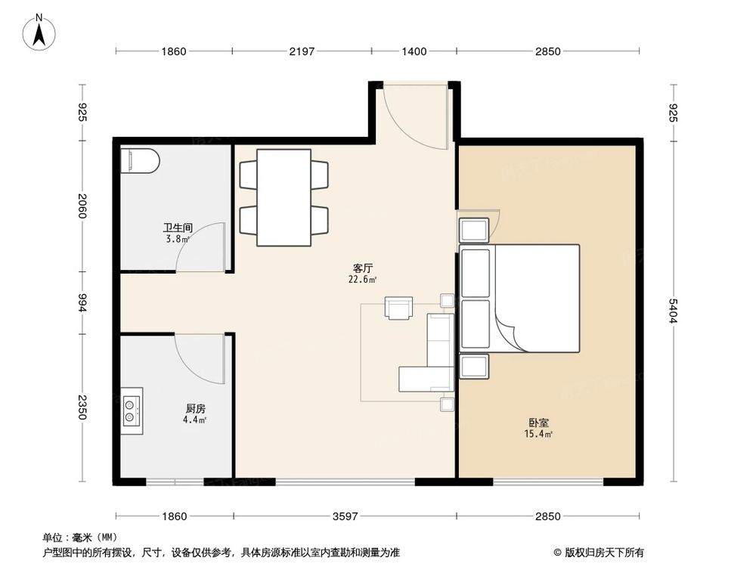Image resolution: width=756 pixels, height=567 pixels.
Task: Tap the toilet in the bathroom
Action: [140, 160]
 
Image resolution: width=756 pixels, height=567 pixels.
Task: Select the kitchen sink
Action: [132, 408]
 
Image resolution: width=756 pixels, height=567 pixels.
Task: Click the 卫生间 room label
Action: [178, 228]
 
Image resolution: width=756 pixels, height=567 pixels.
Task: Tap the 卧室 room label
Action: [539, 423]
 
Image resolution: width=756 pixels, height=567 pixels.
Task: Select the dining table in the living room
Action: [283, 197]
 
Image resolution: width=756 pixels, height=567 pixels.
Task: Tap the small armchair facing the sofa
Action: [399, 308]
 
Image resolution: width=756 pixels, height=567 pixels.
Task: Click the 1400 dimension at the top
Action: [414, 51]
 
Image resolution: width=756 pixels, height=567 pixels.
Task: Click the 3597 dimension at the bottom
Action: [345, 516]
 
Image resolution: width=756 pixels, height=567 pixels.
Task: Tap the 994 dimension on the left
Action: [83, 302]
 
